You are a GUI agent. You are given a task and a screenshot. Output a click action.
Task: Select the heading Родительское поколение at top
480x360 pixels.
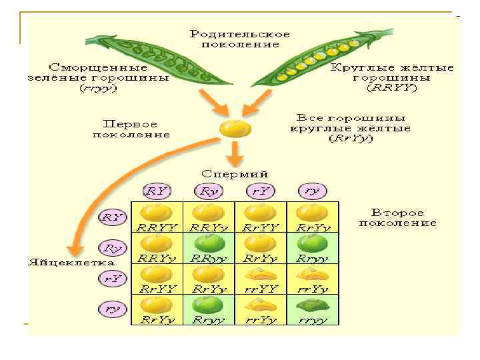point(239,39)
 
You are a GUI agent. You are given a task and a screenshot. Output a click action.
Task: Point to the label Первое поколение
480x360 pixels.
point(131,129)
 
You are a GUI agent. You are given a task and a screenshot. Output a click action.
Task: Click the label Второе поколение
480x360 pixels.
point(397,217)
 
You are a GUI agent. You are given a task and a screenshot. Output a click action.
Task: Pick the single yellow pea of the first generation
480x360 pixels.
point(235,128)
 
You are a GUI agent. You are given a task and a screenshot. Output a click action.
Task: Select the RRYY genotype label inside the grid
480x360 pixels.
point(155,227)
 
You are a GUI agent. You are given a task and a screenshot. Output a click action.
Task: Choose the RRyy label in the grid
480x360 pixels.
point(209,258)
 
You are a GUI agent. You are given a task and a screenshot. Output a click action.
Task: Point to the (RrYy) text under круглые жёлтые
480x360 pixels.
point(351,140)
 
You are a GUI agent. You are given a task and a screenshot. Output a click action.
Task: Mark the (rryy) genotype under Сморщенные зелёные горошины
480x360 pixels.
point(98,88)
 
